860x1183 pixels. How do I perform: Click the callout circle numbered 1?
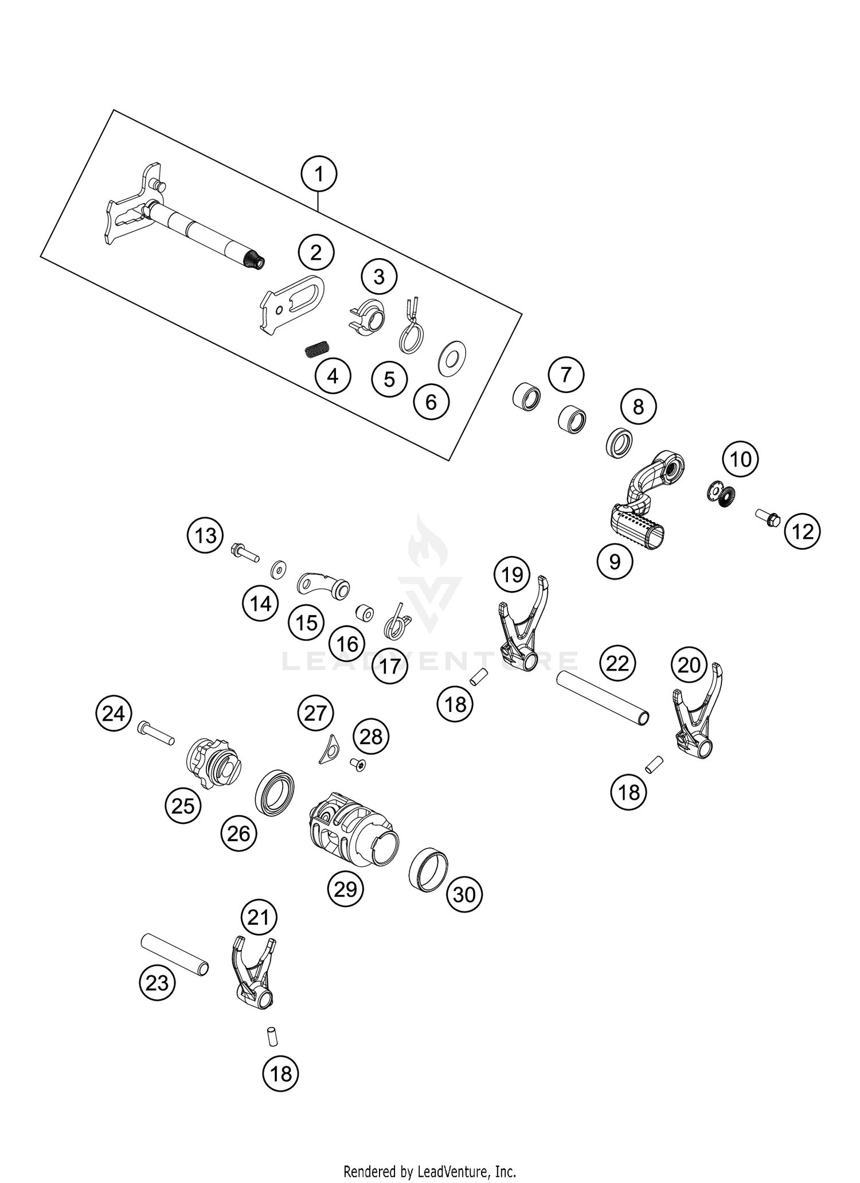pos(319,174)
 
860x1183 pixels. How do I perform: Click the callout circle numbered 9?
pos(615,562)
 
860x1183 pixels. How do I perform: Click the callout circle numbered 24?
pos(114,714)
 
